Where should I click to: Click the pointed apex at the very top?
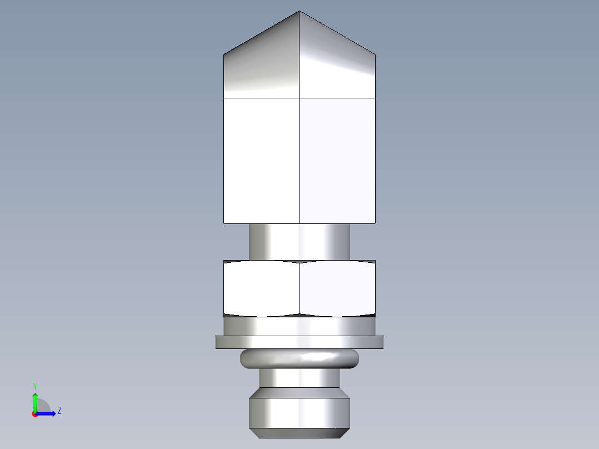point(299,12)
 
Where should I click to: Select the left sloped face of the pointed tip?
point(261,67)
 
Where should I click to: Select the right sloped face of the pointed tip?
point(337,67)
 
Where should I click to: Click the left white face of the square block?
point(261,161)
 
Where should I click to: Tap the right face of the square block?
point(337,161)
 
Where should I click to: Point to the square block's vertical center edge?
point(299,161)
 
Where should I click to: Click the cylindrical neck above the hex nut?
point(299,242)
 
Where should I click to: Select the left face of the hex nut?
point(261,288)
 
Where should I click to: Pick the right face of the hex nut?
point(337,288)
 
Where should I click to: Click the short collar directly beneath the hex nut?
point(299,326)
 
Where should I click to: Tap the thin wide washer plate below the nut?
point(299,342)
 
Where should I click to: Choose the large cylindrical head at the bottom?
point(299,411)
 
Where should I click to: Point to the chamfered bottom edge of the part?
point(299,433)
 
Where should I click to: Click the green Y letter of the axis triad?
point(34,386)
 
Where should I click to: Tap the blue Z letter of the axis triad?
point(59,411)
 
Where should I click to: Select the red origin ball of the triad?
point(34,414)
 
